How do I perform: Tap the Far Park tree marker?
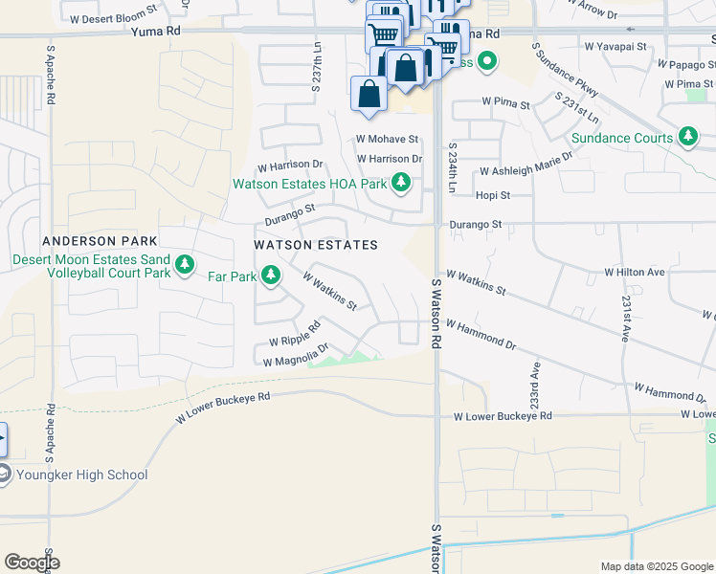(271, 277)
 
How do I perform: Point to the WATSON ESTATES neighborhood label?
(316, 246)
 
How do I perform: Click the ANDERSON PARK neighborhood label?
(92, 241)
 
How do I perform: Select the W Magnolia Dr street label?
(296, 355)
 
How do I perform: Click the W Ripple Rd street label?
(285, 340)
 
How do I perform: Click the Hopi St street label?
(493, 195)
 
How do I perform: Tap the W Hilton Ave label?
(634, 273)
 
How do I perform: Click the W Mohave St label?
(387, 140)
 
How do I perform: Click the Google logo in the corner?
(31, 563)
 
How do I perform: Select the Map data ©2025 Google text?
(656, 566)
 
